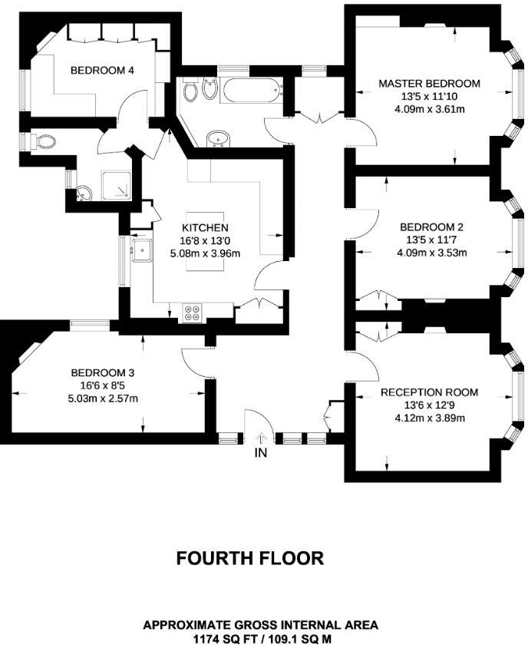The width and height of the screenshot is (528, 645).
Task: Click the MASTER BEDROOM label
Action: (x=429, y=84)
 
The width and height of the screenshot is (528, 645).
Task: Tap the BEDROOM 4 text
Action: (x=103, y=71)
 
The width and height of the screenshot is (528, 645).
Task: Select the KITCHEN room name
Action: (x=205, y=228)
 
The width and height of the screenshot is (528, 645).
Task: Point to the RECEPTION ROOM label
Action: (x=429, y=392)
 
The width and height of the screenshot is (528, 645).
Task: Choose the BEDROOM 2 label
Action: (x=431, y=227)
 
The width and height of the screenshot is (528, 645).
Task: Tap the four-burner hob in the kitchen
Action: (x=192, y=312)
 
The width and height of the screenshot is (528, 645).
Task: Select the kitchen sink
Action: (x=142, y=250)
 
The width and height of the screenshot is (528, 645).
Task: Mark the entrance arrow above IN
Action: (x=260, y=438)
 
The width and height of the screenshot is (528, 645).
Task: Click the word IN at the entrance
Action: (x=261, y=454)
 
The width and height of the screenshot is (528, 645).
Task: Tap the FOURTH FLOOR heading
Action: (x=250, y=558)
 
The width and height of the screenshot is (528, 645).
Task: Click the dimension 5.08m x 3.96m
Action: (x=205, y=253)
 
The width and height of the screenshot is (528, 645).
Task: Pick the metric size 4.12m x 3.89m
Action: (x=429, y=418)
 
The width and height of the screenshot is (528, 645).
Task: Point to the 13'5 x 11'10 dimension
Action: (x=429, y=97)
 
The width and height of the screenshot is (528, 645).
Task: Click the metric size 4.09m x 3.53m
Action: (x=431, y=253)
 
